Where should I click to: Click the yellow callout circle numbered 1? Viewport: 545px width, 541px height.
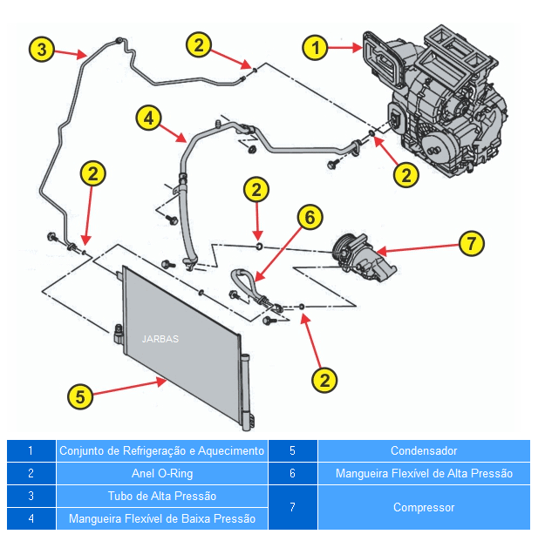316,46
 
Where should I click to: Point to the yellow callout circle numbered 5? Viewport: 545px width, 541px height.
80,396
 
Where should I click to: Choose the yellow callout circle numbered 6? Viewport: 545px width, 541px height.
310,217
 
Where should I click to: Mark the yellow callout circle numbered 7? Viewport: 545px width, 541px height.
471,243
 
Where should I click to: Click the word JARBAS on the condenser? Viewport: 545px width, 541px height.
160,339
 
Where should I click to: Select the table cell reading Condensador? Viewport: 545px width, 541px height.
424,451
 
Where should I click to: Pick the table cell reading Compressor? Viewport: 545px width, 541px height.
424,507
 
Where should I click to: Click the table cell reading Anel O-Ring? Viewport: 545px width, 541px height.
161,474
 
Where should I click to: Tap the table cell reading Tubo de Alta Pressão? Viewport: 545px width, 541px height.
161,497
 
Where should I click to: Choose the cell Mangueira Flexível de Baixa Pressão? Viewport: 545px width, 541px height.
161,519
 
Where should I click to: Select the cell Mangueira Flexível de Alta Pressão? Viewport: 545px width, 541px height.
424,474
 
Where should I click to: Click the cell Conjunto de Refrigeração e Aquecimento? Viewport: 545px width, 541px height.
161,451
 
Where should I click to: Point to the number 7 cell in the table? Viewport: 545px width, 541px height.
292,507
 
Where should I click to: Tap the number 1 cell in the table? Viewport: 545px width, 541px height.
31,451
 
